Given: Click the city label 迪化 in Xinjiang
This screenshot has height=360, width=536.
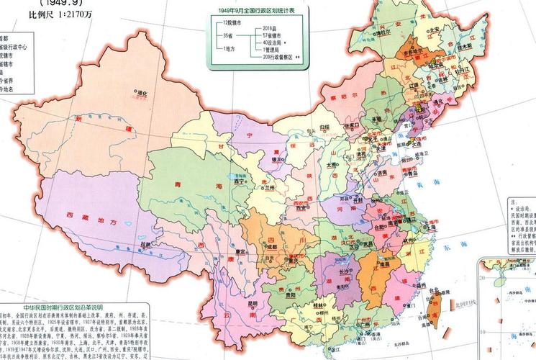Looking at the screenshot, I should pyautogui.click(x=146, y=93).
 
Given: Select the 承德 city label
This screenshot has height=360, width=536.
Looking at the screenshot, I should pyautogui.click(x=376, y=118).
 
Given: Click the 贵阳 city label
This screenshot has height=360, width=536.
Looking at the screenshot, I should pyautogui.click(x=289, y=294).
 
